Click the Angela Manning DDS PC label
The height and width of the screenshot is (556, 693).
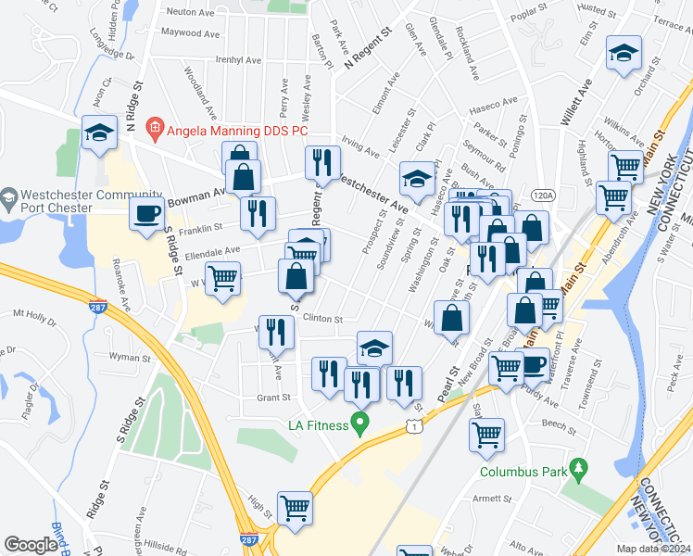[x=237, y=131]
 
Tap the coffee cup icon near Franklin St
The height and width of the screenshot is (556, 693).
[x=146, y=214]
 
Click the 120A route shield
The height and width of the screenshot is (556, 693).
[x=544, y=196]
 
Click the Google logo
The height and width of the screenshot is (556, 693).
[x=31, y=544]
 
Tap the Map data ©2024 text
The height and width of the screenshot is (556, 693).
[x=654, y=550]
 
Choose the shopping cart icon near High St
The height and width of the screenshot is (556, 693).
[x=295, y=509]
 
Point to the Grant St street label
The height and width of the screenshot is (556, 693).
[x=273, y=398]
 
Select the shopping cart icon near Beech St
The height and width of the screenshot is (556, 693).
[x=487, y=435]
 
